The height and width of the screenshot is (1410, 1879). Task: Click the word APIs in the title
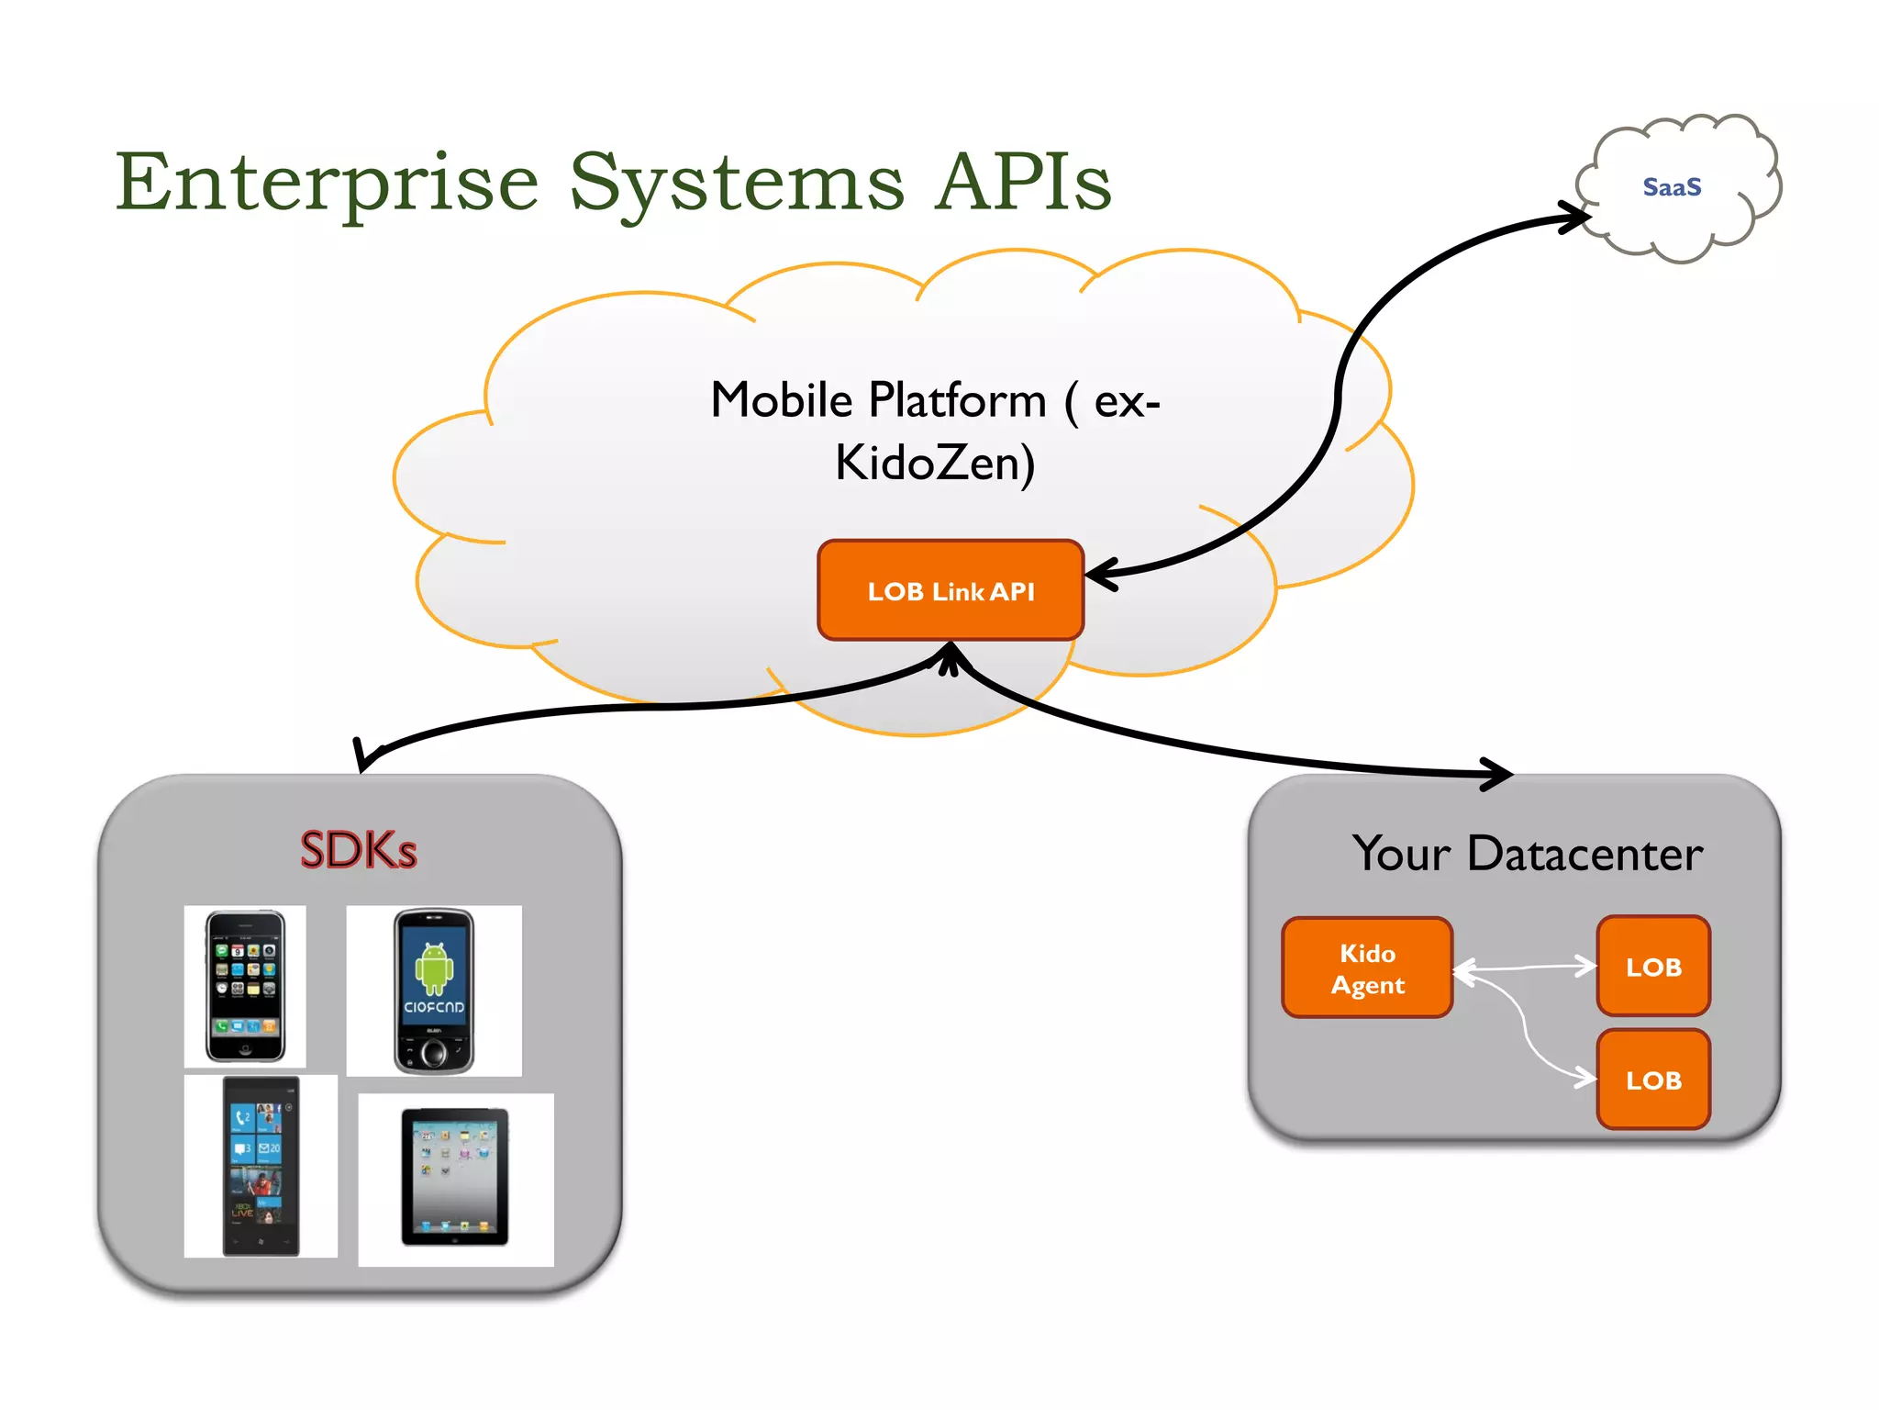[1022, 182]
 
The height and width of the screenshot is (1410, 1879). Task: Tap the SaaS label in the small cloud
[1672, 187]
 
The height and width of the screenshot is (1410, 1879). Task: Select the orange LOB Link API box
[951, 590]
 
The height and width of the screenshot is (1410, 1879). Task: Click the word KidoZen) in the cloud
[934, 463]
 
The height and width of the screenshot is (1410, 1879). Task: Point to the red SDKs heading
[358, 850]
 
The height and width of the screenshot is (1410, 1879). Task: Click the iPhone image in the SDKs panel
[245, 987]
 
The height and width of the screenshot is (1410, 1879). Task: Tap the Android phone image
[434, 990]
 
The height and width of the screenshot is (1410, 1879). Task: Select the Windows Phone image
[261, 1166]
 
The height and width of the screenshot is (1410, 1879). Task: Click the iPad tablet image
[455, 1178]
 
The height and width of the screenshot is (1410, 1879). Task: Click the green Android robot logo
[434, 968]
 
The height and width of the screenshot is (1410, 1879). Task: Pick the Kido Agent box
[1367, 968]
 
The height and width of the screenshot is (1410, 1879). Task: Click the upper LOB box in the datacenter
[1653, 966]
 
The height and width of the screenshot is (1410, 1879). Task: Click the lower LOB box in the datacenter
[1653, 1080]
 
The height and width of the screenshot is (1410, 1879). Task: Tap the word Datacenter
[1584, 854]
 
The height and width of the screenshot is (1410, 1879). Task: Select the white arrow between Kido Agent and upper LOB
[1525, 967]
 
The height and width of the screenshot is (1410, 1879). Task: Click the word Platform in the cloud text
[957, 400]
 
